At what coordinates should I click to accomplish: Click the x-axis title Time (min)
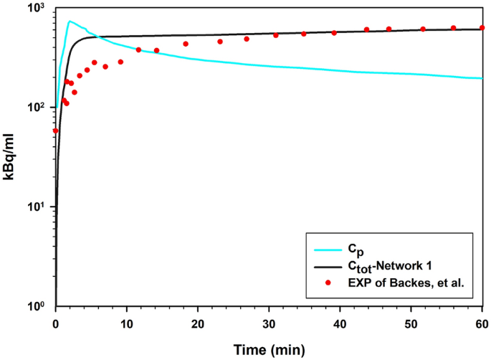point(269,349)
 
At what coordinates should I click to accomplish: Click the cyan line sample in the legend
point(330,250)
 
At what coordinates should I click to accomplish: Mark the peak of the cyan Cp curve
point(70,22)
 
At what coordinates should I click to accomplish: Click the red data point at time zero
point(56,131)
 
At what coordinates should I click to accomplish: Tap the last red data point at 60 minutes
point(482,28)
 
